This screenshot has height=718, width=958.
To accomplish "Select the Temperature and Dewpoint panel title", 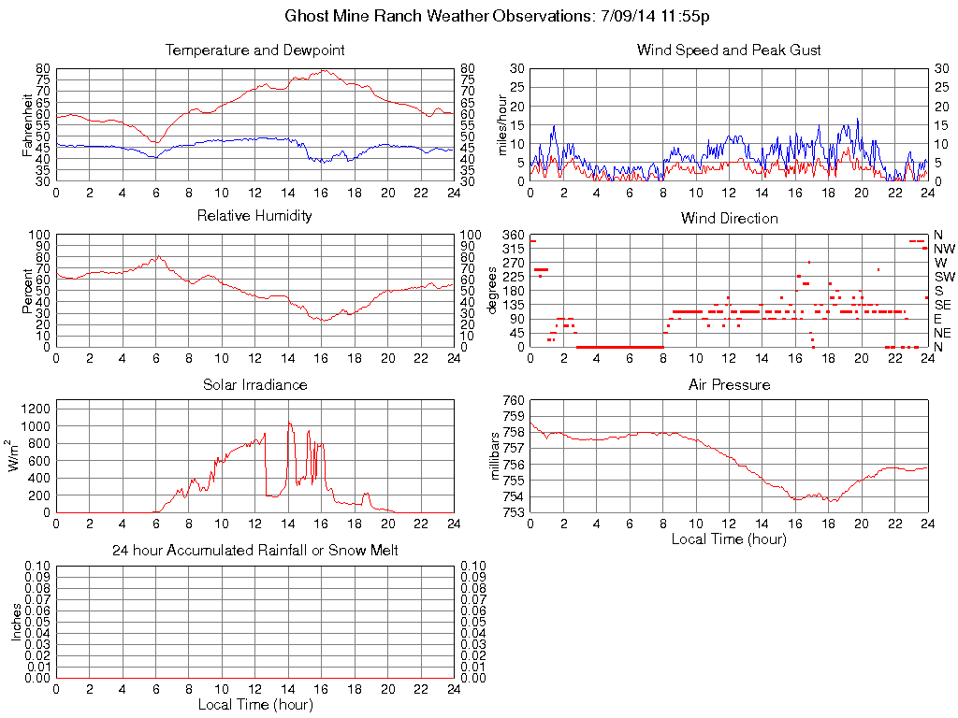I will (254, 50).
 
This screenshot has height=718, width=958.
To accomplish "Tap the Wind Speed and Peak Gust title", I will (729, 50).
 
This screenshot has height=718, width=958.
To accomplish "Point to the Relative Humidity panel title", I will (254, 216).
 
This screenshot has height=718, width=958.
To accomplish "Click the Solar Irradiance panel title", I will (254, 385).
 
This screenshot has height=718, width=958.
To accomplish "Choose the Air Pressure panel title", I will (729, 385).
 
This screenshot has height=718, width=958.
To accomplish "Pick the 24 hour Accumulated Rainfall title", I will (254, 551).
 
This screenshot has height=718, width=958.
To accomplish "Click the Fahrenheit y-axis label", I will (27, 124).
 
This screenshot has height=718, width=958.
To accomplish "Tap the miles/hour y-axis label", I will (501, 124).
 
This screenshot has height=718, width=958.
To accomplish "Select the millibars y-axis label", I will (497, 456).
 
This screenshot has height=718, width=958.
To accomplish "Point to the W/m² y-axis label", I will (16, 455).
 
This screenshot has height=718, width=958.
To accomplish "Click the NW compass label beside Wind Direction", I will (943, 249).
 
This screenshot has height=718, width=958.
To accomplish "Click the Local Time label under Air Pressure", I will (729, 538).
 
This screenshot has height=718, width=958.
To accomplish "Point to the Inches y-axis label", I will (16, 622).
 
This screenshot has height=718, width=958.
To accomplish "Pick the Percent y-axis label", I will (27, 290).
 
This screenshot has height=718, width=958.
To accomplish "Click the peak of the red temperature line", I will (322, 71).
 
